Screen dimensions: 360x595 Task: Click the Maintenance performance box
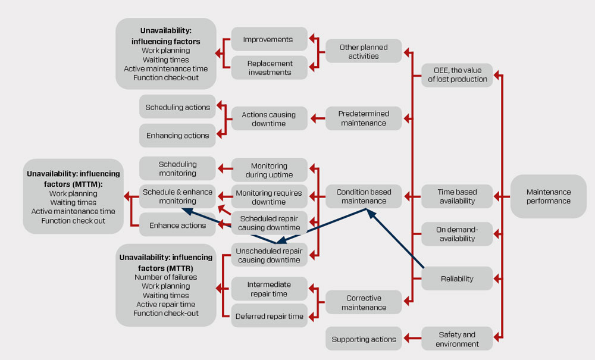pyautogui.click(x=548, y=196)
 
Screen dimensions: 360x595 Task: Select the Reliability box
pyautogui.click(x=457, y=278)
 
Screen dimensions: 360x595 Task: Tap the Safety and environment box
pyautogui.click(x=457, y=339)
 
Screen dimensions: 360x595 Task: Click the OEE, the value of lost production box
pyautogui.click(x=457, y=75)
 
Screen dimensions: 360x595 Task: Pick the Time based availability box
pyautogui.click(x=457, y=196)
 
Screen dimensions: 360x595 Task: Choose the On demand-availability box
pyautogui.click(x=457, y=234)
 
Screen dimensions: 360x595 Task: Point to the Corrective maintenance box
pyautogui.click(x=364, y=303)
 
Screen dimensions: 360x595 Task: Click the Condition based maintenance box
pyautogui.click(x=364, y=196)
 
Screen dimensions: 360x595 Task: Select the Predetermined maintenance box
pyautogui.click(x=364, y=118)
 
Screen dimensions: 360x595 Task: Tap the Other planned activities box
pyautogui.click(x=364, y=51)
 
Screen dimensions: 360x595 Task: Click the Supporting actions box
pyautogui.click(x=364, y=339)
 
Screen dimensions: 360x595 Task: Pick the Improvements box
pyautogui.click(x=269, y=39)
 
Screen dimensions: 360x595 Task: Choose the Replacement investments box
pyautogui.click(x=269, y=68)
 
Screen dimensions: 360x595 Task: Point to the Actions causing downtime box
pyautogui.click(x=269, y=119)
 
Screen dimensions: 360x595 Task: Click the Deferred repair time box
pyautogui.click(x=269, y=317)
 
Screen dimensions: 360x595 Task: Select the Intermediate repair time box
pyautogui.click(x=269, y=289)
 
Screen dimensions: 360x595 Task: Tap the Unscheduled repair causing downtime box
pyautogui.click(x=269, y=255)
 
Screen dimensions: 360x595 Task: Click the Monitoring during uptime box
pyautogui.click(x=269, y=170)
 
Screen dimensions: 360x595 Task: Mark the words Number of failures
pyautogui.click(x=165, y=277)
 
